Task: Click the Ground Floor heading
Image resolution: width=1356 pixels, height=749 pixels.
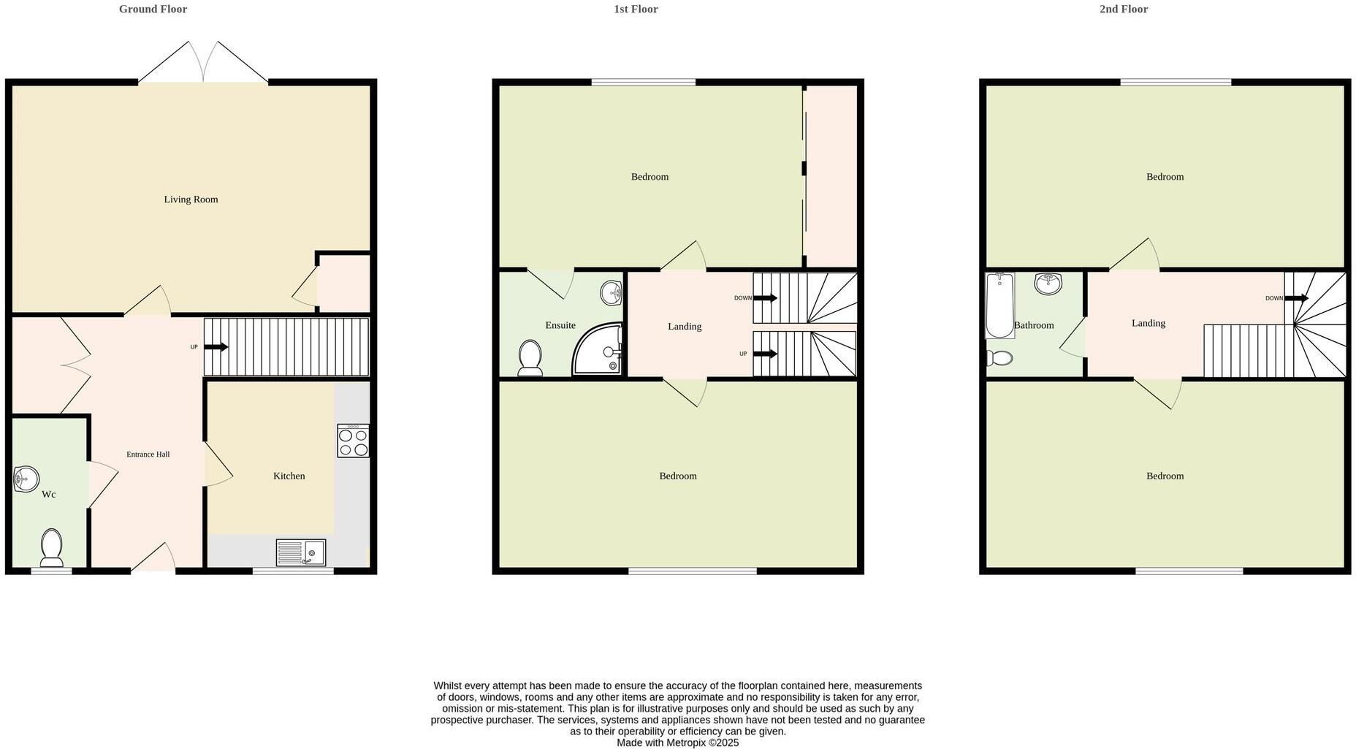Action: pos(153,9)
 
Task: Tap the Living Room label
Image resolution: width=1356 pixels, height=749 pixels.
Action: pos(191,199)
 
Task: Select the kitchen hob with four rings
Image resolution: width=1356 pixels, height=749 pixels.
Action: pos(353,441)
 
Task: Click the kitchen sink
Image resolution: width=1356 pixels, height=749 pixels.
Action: pos(301,552)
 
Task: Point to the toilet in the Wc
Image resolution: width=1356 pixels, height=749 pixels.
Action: pos(51,548)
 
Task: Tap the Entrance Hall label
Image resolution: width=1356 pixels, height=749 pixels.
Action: pos(148,455)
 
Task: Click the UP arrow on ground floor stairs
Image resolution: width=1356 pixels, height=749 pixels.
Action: pos(216,347)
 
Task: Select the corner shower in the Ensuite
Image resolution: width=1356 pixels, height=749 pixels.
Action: pos(599,351)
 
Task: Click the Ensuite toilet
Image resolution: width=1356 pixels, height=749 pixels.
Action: pos(530,359)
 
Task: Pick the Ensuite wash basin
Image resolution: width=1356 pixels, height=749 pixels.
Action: pos(611,294)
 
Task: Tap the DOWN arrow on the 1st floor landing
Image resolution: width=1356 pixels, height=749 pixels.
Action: pos(765,298)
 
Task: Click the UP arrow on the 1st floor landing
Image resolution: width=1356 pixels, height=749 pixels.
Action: pos(765,354)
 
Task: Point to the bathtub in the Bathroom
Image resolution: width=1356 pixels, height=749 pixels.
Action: pos(999,305)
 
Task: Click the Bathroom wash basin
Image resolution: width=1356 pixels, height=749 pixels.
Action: pos(1048,284)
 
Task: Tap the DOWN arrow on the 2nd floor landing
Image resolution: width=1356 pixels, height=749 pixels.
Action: pos(1297,298)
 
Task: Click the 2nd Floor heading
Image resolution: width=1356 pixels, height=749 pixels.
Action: pos(1123,9)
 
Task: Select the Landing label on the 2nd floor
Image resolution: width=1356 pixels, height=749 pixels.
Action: pos(1148,323)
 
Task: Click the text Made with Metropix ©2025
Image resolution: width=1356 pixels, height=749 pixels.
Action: pos(677,742)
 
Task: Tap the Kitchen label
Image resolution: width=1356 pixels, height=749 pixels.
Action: pos(289,476)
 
